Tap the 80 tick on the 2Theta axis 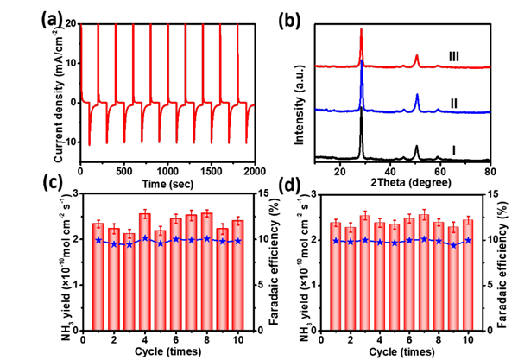489,172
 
